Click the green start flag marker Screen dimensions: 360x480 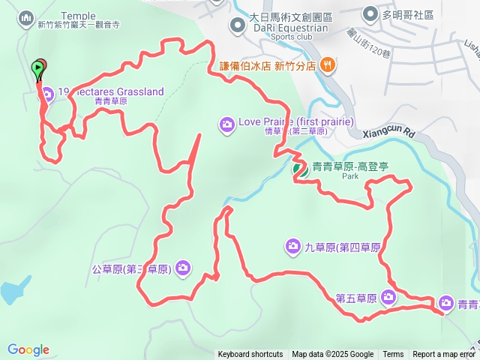click(37, 70)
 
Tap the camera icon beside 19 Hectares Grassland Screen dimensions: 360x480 click(48, 93)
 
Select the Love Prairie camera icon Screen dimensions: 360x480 click(227, 123)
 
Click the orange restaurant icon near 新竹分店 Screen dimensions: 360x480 click(327, 65)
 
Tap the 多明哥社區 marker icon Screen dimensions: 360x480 click(370, 14)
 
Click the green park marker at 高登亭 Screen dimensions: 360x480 click(299, 169)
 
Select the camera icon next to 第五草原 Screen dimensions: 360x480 click(388, 297)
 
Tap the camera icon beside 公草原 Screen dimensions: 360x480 click(183, 268)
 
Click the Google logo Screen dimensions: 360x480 click(28, 349)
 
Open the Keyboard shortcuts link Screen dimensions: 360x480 click(250, 355)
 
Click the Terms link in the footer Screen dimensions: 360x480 click(393, 355)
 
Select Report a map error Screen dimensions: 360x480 click(444, 355)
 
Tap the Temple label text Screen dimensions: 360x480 click(78, 16)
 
